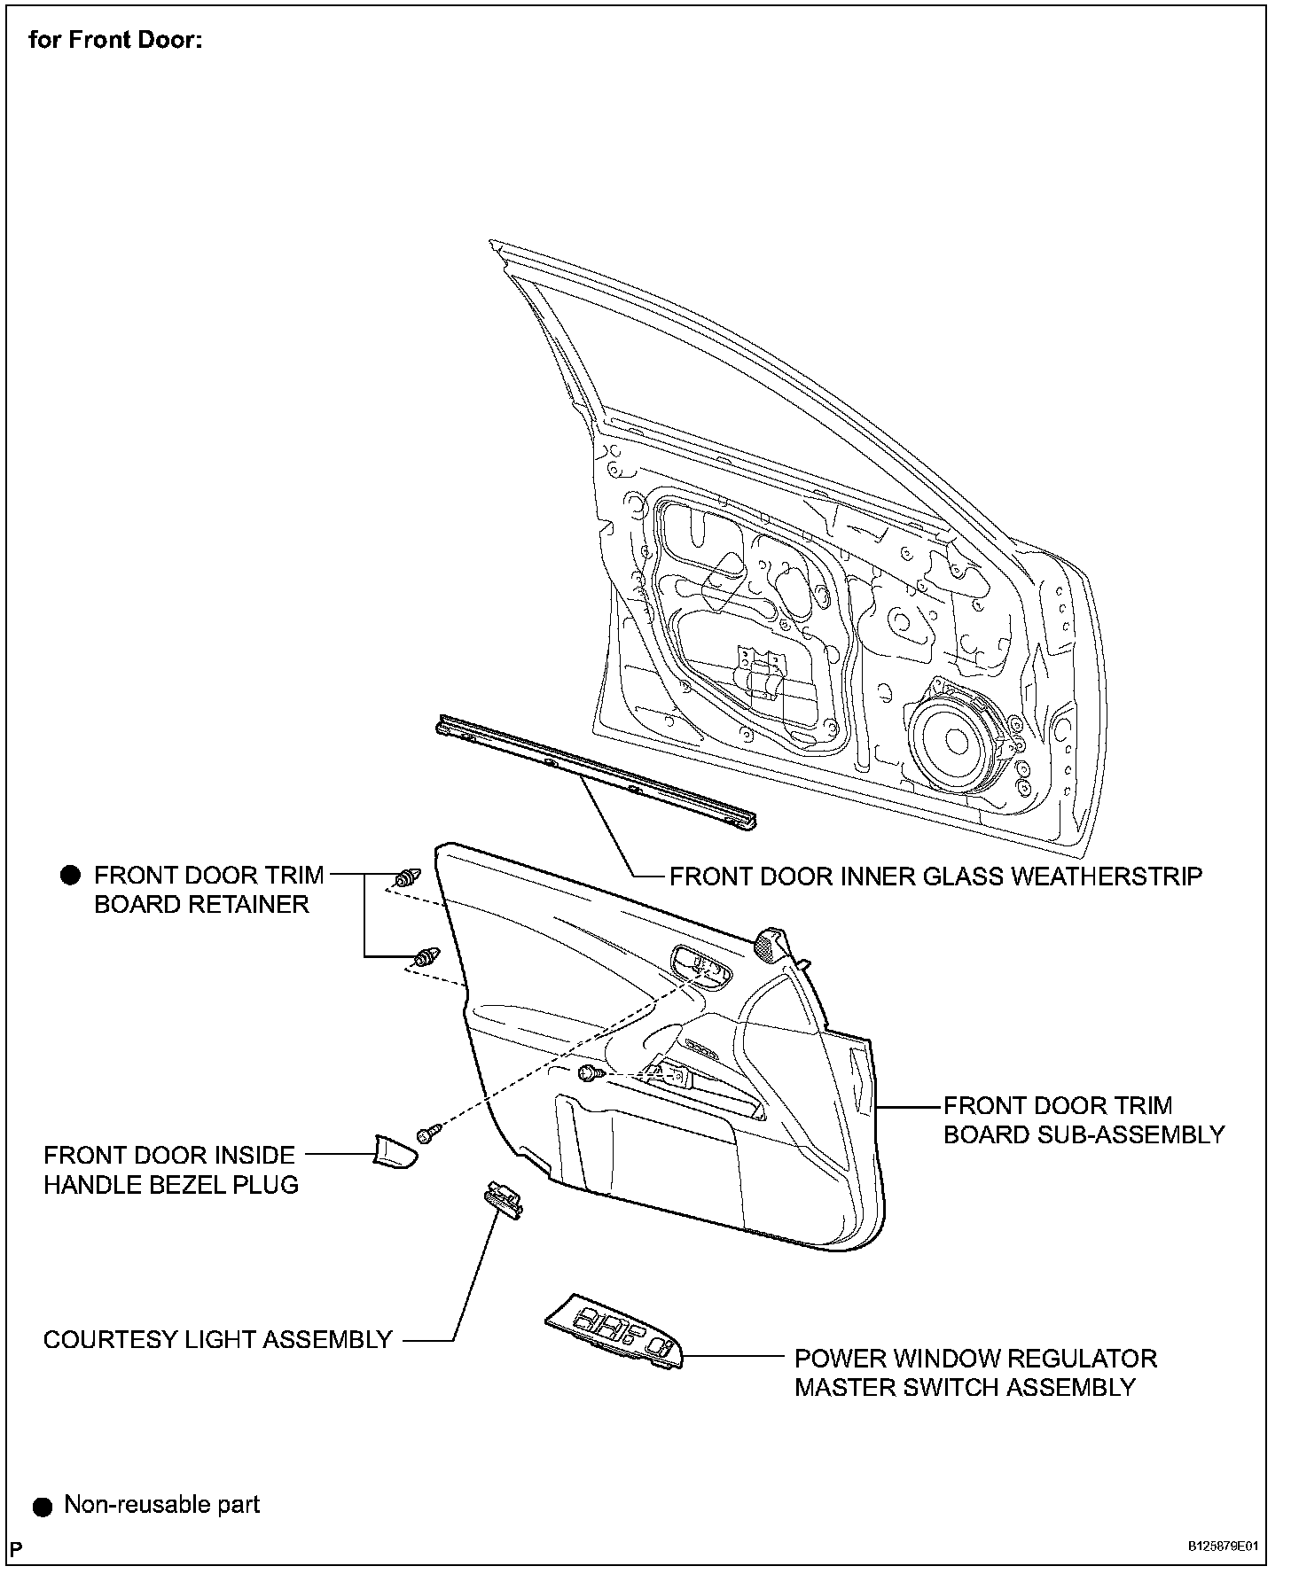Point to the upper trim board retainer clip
[x=406, y=879]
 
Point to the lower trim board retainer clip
[x=426, y=956]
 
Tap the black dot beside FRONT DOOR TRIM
[x=70, y=876]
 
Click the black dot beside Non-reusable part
[x=43, y=1506]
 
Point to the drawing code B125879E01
[x=1223, y=1546]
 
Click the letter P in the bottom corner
[x=17, y=1547]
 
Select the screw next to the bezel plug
[x=428, y=1134]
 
